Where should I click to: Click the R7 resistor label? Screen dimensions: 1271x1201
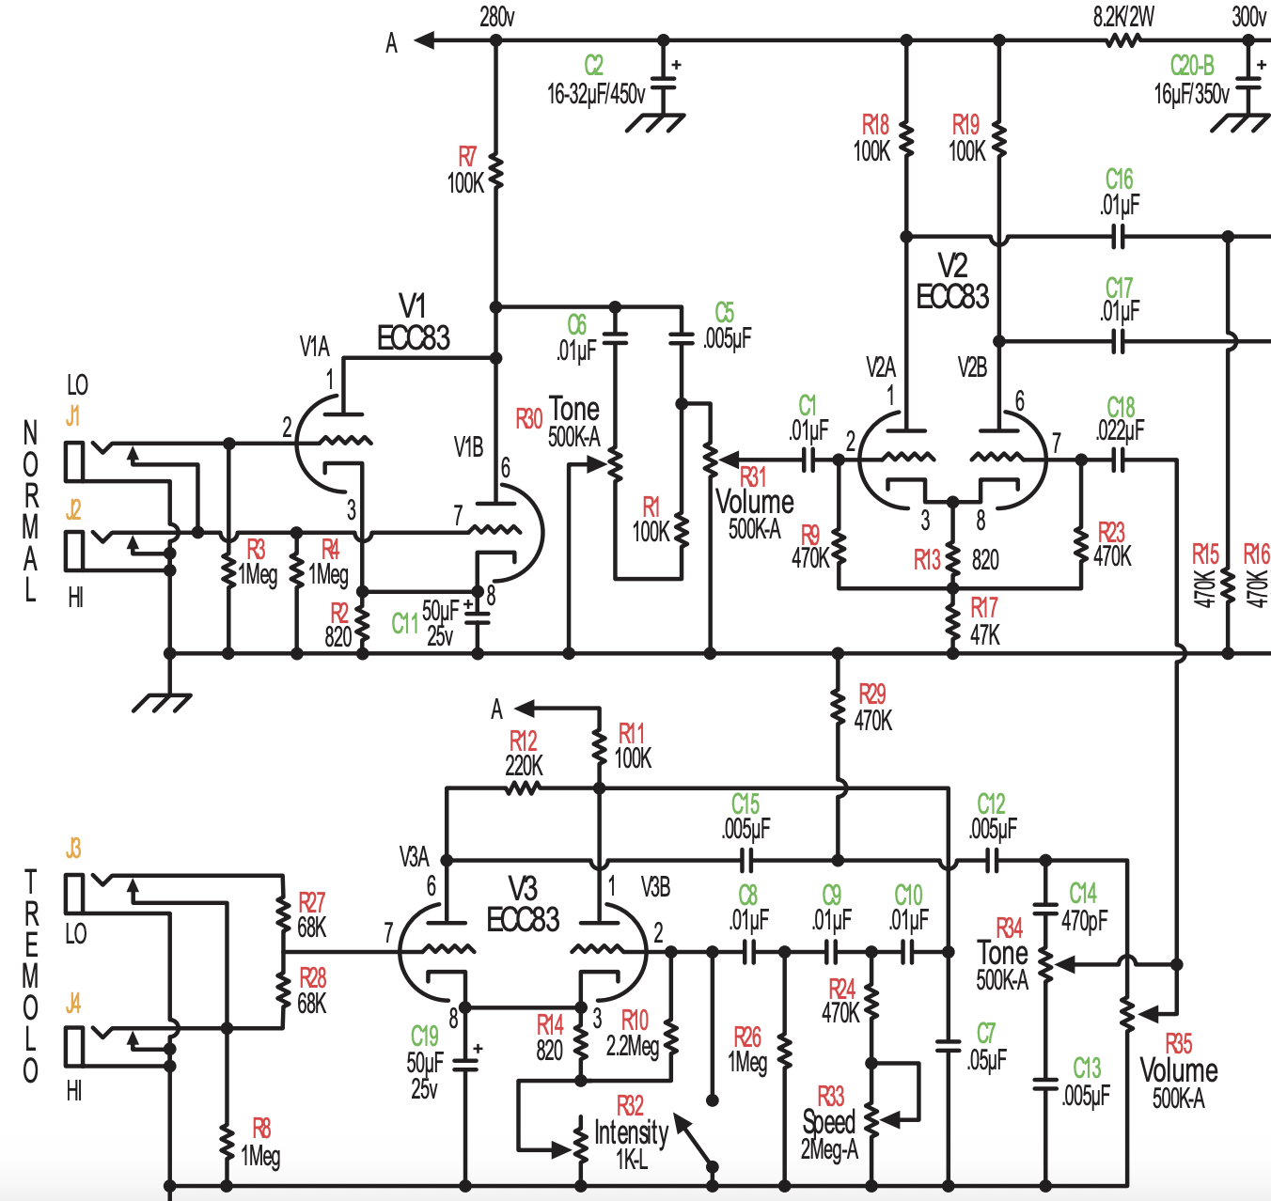click(467, 157)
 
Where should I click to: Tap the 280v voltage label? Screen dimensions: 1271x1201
click(497, 17)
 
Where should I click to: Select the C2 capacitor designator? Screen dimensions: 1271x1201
click(593, 65)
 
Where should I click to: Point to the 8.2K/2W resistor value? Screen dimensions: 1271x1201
click(1123, 17)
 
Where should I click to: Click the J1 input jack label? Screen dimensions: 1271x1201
click(72, 416)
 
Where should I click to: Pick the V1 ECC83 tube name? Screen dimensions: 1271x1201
click(413, 322)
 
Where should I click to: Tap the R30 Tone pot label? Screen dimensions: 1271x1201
click(528, 419)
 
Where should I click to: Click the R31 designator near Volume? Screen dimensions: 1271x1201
click(752, 477)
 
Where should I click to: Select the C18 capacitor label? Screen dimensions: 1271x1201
click(1121, 408)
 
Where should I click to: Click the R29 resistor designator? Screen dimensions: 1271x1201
click(871, 694)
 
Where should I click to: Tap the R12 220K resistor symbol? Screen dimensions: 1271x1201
click(523, 788)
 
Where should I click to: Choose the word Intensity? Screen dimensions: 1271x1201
click(631, 1133)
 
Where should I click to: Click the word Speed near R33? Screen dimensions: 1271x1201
click(829, 1122)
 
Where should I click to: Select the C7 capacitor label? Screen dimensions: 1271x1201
click(986, 1034)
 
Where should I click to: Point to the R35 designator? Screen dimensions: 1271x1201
click(1178, 1044)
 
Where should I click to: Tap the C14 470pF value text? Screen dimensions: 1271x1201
click(1084, 920)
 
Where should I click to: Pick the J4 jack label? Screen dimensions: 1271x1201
click(73, 1004)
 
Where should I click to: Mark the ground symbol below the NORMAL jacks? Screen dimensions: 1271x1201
click(162, 703)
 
